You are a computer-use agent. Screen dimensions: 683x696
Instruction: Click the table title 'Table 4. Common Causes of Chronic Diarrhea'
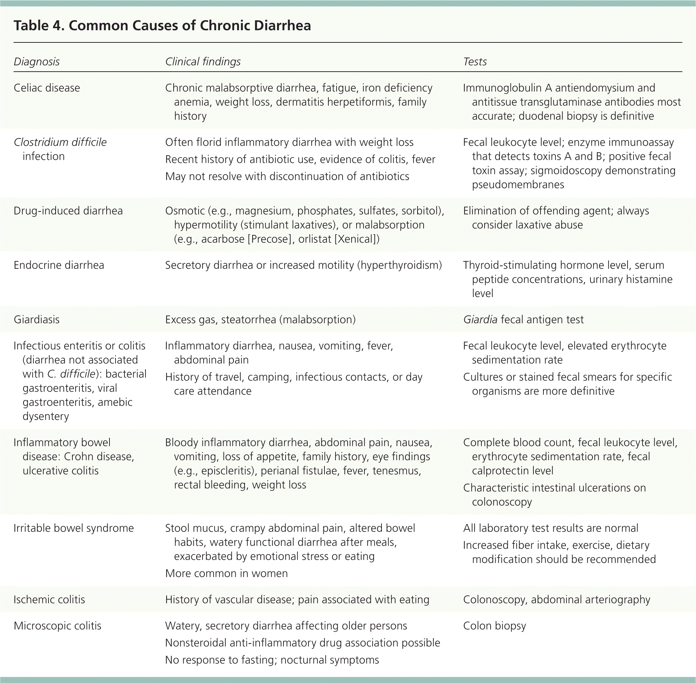[x=162, y=26]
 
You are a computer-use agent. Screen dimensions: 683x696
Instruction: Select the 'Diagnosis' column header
[x=37, y=62]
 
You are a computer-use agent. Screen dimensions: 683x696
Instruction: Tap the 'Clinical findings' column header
[x=203, y=62]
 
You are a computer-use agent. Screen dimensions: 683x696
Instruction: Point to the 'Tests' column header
[x=475, y=62]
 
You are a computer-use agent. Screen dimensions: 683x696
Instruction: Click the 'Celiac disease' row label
[x=47, y=88]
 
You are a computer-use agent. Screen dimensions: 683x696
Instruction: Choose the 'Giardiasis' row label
[x=37, y=320]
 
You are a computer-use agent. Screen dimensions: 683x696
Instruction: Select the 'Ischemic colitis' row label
[x=49, y=600]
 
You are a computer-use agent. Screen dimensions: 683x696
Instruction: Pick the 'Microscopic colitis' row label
[x=57, y=626]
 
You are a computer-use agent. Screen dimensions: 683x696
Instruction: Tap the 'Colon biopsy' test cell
[x=495, y=626]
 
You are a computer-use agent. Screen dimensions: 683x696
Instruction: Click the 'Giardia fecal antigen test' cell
[x=523, y=320]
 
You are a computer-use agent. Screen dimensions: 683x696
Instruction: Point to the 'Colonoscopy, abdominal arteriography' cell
[x=557, y=600]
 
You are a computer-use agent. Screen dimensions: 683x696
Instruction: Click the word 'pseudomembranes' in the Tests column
[x=518, y=185]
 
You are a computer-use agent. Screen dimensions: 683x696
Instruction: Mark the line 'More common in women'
[x=226, y=573]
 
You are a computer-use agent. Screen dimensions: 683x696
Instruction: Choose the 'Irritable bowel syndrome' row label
[x=73, y=528]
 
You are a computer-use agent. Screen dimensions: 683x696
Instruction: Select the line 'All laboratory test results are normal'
[x=550, y=528]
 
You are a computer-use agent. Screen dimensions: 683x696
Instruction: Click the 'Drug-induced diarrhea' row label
[x=68, y=211]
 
